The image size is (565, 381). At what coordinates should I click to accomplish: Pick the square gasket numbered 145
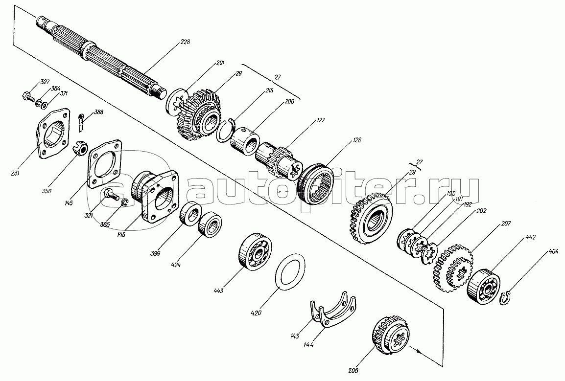point(104,163)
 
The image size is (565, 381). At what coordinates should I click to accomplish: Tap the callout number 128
point(356,140)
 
